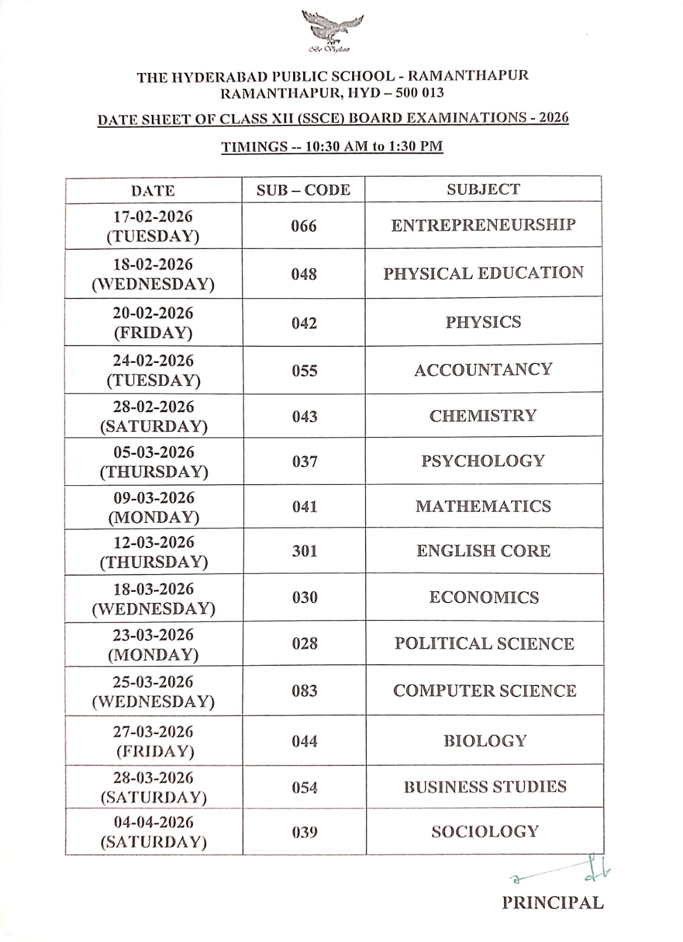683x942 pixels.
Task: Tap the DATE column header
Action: pyautogui.click(x=153, y=191)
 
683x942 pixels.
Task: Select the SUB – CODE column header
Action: pyautogui.click(x=303, y=190)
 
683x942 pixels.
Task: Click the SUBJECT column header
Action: pyautogui.click(x=483, y=190)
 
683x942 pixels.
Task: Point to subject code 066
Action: pyautogui.click(x=304, y=226)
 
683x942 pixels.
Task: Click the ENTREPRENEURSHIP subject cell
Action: pyautogui.click(x=483, y=225)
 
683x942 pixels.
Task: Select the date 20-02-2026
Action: pyautogui.click(x=153, y=313)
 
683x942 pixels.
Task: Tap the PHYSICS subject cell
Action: pyautogui.click(x=483, y=322)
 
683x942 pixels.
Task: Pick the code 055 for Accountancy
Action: pyautogui.click(x=304, y=370)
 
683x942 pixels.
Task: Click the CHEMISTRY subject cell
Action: pyautogui.click(x=483, y=416)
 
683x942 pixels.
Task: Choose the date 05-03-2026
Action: pyautogui.click(x=154, y=452)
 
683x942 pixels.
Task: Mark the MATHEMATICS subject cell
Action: pyautogui.click(x=483, y=506)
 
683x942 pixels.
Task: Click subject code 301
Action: pyautogui.click(x=304, y=551)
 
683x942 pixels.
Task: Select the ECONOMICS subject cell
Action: pyautogui.click(x=484, y=598)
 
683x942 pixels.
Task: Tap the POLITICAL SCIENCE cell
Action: pyautogui.click(x=485, y=644)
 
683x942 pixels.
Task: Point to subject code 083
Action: pyautogui.click(x=304, y=691)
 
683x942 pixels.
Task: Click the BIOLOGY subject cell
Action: pyautogui.click(x=485, y=741)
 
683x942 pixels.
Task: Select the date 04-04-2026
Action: pyautogui.click(x=154, y=822)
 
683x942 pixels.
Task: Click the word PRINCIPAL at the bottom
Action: pyautogui.click(x=553, y=903)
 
